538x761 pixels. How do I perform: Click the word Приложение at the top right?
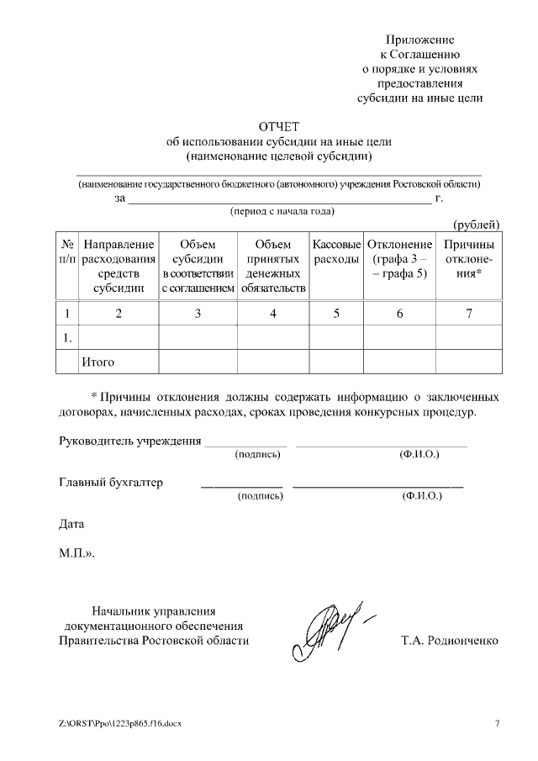(x=419, y=40)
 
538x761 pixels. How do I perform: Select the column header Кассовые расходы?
(x=336, y=251)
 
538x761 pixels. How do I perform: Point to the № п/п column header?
(x=67, y=251)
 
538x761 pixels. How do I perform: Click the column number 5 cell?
(x=336, y=314)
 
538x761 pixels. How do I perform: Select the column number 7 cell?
(x=468, y=314)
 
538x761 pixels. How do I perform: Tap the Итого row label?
(x=98, y=362)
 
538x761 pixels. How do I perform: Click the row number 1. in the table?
(x=66, y=338)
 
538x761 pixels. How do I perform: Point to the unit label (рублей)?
(x=477, y=225)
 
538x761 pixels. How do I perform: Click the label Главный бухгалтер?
(x=110, y=483)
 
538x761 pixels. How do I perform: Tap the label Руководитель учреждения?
(x=129, y=441)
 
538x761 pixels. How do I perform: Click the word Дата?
(x=71, y=524)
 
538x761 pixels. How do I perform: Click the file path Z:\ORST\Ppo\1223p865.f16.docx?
(x=120, y=724)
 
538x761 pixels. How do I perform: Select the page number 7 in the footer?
(x=497, y=724)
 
